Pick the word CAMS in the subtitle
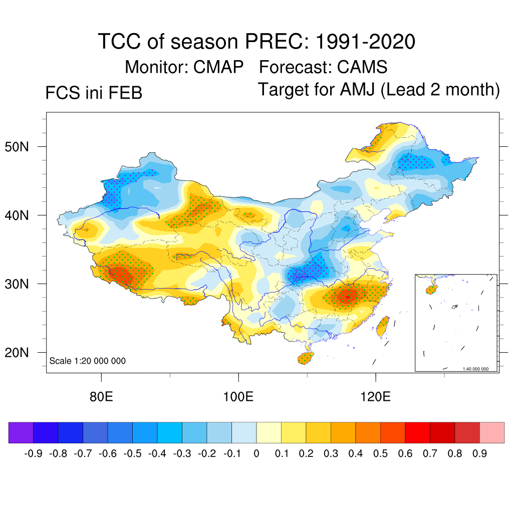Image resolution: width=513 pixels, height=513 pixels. (x=362, y=67)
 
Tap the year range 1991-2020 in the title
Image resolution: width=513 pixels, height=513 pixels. (x=365, y=42)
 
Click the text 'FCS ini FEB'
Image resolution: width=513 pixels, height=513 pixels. (x=94, y=93)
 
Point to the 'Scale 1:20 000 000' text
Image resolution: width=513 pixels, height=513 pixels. (x=88, y=361)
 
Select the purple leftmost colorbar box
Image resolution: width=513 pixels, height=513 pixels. (x=21, y=433)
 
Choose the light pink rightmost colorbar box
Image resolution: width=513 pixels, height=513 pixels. (x=492, y=433)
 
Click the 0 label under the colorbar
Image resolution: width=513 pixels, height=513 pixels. (x=256, y=454)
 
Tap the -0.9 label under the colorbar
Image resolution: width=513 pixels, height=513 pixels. (x=33, y=454)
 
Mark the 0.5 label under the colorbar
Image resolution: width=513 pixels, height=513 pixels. (x=380, y=454)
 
